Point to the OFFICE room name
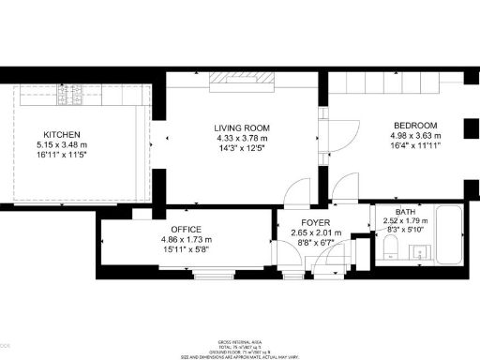coord(186,229)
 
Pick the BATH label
coord(406,213)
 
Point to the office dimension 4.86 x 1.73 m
coord(186,239)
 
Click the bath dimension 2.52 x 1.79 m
coord(406,221)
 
